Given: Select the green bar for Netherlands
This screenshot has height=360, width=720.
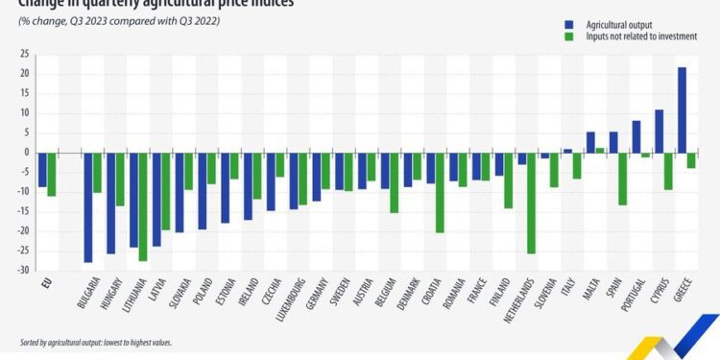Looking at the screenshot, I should (x=531, y=203).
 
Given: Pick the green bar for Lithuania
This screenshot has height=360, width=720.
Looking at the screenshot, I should (x=143, y=206).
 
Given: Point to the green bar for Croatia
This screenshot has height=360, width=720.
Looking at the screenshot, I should (x=440, y=192).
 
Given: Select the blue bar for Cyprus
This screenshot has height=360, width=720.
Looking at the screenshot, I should (x=659, y=131).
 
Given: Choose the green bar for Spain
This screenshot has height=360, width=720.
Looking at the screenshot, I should (x=622, y=179).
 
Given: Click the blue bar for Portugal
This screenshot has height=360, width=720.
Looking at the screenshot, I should (x=636, y=136).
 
